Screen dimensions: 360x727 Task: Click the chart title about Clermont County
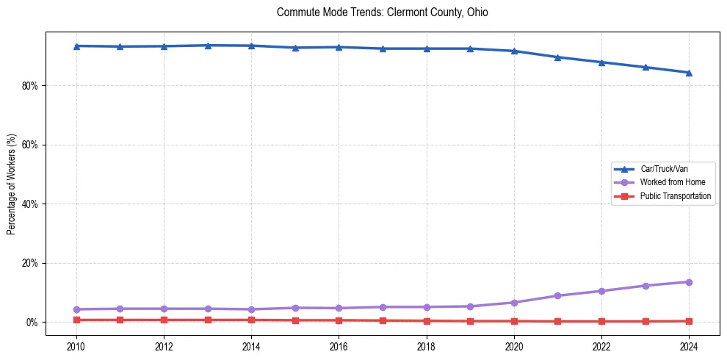[x=382, y=12]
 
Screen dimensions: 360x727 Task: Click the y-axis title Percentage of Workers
[x=11, y=184]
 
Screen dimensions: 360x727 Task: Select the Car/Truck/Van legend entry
[x=663, y=169]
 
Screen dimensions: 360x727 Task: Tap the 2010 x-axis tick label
[x=76, y=347]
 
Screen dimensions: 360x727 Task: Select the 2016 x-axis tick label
[x=339, y=347]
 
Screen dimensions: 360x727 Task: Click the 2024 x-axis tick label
[x=689, y=347]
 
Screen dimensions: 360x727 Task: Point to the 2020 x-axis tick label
[x=514, y=347]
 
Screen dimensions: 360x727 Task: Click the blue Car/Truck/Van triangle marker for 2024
[x=689, y=73]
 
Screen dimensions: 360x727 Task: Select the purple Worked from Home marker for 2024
[x=689, y=282]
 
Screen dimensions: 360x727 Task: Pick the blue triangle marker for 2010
[x=76, y=46]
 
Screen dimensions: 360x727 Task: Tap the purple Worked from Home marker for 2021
[x=557, y=296]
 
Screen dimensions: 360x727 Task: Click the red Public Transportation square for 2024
[x=689, y=321]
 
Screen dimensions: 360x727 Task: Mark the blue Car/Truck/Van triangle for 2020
[x=514, y=51]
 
